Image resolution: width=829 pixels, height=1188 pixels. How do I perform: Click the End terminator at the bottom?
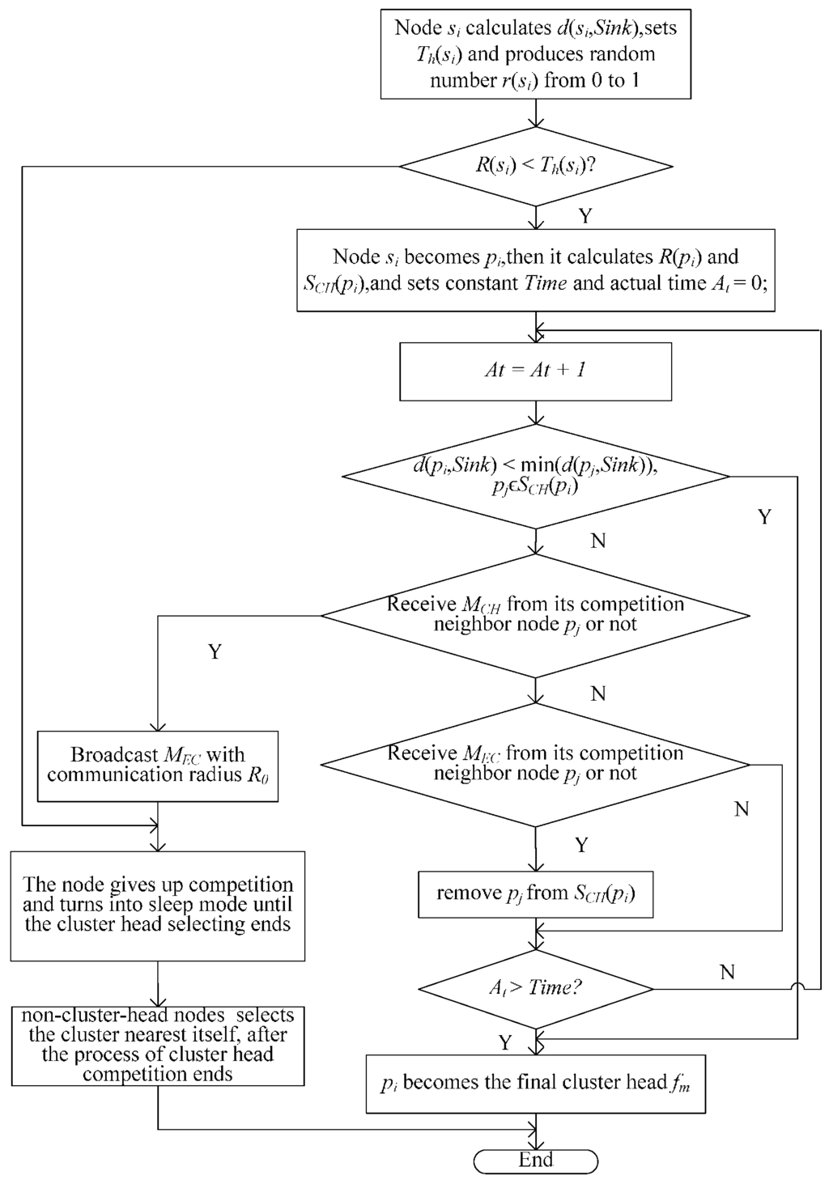click(535, 1160)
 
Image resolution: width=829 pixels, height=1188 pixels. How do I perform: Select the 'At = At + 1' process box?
click(535, 371)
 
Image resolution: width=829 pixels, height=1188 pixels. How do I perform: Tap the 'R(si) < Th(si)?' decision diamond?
click(535, 167)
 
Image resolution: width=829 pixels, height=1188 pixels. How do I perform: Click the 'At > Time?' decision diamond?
click(535, 988)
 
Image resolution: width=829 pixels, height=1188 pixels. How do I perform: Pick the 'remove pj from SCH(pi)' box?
click(535, 893)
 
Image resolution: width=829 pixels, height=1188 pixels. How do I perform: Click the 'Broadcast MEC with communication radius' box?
click(158, 766)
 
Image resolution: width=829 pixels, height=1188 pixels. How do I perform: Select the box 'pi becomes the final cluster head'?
click(535, 1083)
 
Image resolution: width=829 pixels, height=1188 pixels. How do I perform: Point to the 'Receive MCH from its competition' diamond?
click(535, 615)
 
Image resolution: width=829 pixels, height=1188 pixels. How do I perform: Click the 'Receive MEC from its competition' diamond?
click(535, 763)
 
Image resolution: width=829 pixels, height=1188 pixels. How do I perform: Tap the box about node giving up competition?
click(158, 905)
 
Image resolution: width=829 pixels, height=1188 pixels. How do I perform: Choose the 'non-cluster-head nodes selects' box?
click(158, 1045)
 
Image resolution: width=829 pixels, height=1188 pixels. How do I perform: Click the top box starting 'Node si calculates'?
click(535, 54)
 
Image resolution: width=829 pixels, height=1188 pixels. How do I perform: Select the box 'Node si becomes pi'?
click(535, 270)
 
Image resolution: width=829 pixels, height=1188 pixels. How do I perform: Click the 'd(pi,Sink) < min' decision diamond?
click(535, 477)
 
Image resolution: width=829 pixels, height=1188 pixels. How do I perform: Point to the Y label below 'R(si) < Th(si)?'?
click(585, 216)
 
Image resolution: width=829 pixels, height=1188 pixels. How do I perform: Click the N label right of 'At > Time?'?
click(727, 972)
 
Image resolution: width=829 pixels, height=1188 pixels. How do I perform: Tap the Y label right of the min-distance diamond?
click(764, 517)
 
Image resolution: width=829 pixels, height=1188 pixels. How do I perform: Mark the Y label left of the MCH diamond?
click(215, 651)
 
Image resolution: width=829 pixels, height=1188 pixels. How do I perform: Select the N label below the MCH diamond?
click(598, 694)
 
